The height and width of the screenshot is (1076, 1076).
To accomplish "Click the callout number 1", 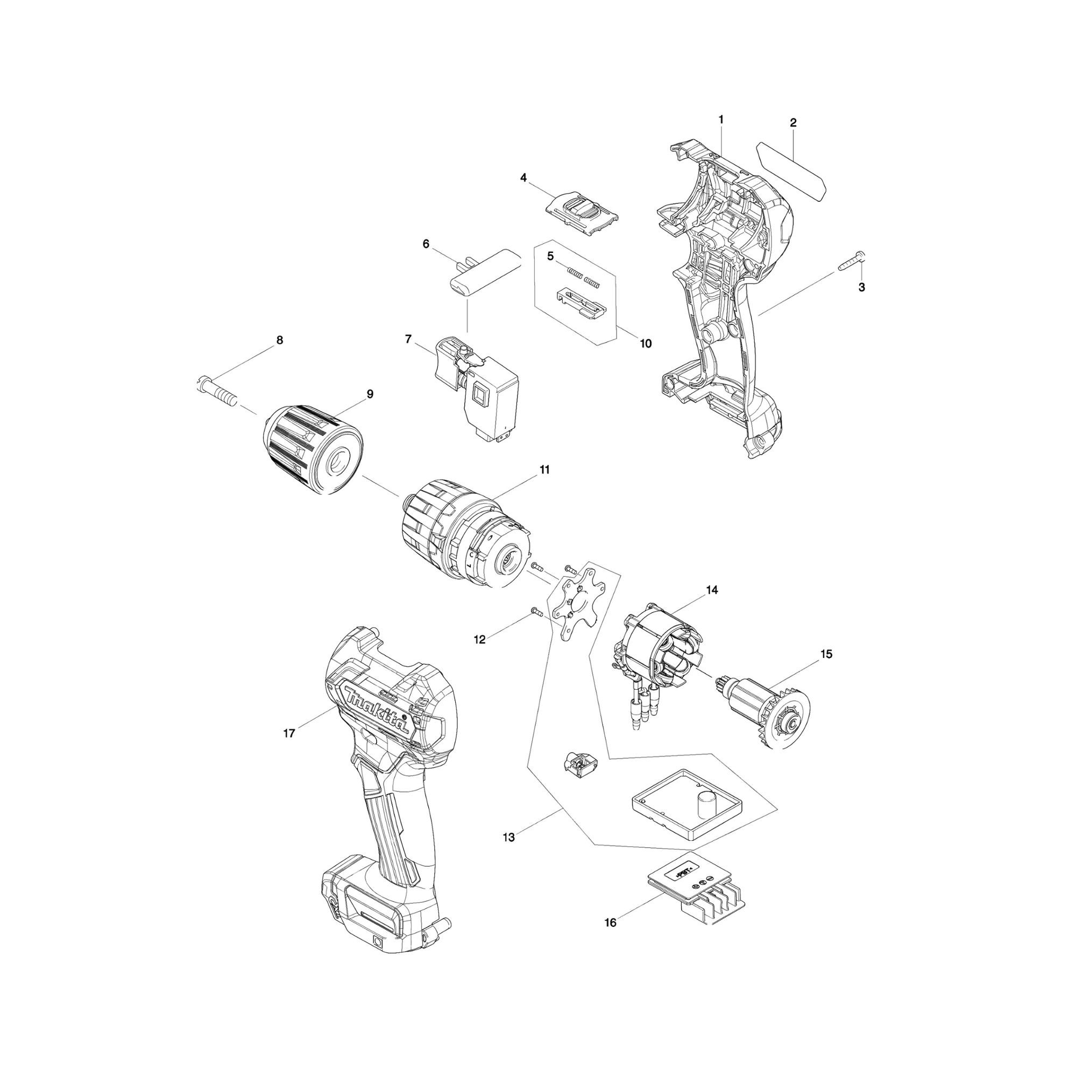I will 721,119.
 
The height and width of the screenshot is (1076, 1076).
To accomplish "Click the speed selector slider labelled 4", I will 582,214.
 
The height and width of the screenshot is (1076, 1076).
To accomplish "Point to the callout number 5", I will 550,256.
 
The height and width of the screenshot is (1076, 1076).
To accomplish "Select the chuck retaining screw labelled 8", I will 218,389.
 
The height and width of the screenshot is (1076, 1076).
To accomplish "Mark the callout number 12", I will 479,640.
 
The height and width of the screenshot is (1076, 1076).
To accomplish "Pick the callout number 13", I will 508,853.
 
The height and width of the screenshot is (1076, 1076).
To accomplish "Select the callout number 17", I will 288,733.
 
